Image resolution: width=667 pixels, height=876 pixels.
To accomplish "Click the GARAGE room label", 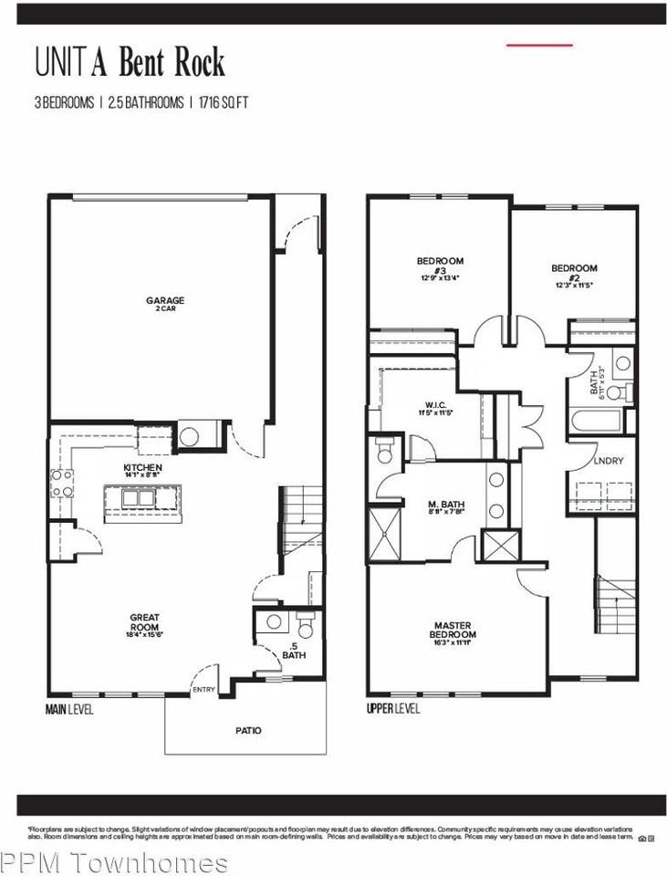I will (x=165, y=300).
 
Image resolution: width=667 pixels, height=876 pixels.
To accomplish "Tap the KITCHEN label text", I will (x=143, y=467).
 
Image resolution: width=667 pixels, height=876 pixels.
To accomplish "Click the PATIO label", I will (x=247, y=730).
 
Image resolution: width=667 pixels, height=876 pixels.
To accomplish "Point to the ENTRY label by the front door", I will (x=203, y=689).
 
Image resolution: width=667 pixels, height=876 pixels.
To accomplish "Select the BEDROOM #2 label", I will (x=574, y=268).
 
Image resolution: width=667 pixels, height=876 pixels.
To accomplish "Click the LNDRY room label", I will (x=608, y=461).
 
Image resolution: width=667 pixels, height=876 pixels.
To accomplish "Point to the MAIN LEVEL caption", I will (x=68, y=708).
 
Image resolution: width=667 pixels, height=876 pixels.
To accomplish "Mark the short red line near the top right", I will (x=539, y=44).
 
